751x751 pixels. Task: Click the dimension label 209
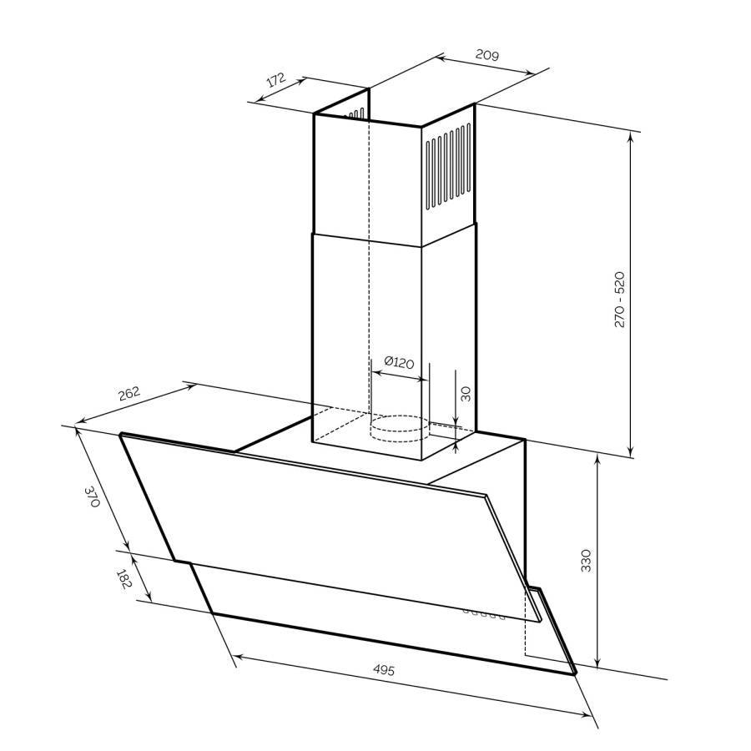point(487,55)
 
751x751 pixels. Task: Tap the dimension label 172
point(276,79)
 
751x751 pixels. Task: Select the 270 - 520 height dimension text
point(619,300)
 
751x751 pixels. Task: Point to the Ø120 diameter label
point(399,362)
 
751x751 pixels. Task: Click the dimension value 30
point(465,393)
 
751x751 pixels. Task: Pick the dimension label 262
point(129,393)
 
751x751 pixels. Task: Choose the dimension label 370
point(92,496)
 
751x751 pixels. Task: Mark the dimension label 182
point(123,579)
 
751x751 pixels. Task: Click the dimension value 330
point(586,561)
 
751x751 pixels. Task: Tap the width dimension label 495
point(384,669)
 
